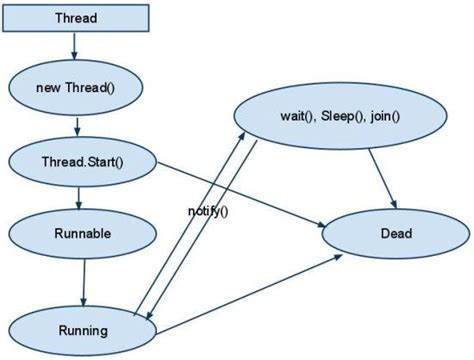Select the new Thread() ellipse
pyautogui.click(x=76, y=87)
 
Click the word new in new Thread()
pyautogui.click(x=49, y=87)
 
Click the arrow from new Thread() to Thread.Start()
pyautogui.click(x=78, y=124)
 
